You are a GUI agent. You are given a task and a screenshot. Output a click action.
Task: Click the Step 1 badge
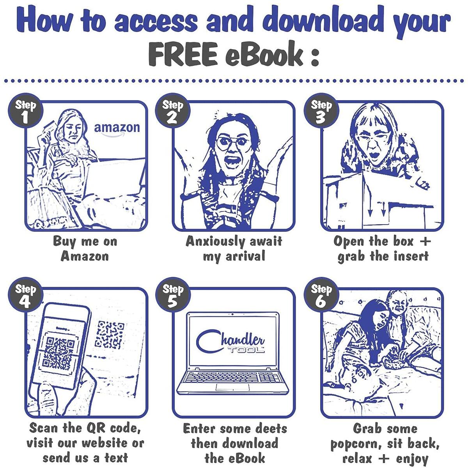tap(25, 111)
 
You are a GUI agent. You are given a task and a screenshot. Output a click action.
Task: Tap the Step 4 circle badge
tap(25, 294)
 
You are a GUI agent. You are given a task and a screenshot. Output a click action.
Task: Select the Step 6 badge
tap(321, 294)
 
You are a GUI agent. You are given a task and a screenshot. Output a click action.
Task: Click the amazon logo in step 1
tap(117, 130)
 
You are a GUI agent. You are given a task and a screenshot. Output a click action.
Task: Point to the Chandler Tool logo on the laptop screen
tap(230, 341)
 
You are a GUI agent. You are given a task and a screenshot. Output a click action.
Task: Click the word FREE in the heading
tap(183, 54)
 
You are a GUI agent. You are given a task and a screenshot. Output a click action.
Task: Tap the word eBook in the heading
tap(264, 53)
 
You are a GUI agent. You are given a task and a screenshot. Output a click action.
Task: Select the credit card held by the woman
tap(50, 126)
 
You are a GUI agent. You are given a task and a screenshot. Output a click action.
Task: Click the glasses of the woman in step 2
tap(232, 143)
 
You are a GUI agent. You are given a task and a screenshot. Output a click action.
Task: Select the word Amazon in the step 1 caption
tap(85, 256)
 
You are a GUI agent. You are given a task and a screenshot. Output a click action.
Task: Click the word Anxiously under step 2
tap(215, 242)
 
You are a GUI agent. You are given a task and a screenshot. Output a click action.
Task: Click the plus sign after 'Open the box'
tap(425, 241)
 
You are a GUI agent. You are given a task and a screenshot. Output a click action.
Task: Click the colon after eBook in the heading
tap(315, 56)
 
